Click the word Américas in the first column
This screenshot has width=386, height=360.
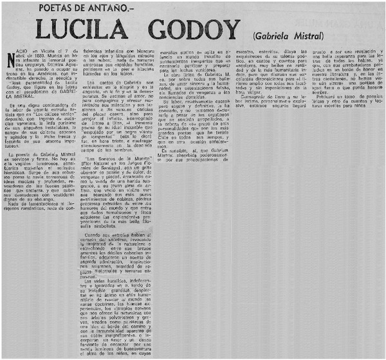[52, 89]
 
